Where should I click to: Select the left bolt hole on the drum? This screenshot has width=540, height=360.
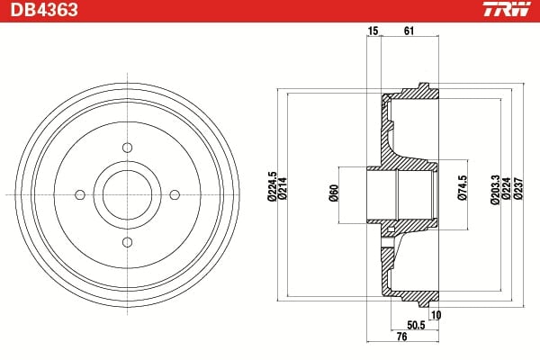coord(80,193)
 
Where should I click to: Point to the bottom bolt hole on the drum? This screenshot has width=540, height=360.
coord(127,240)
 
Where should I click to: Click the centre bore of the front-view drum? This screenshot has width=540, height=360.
coord(127,193)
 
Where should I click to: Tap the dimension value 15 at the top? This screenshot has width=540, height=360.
coord(373,31)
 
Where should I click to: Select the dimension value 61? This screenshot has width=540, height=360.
coord(409,31)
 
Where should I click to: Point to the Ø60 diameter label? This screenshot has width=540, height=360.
coord(333,193)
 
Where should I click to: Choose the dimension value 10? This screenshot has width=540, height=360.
coord(436,314)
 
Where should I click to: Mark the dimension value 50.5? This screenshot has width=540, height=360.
coord(416,325)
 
